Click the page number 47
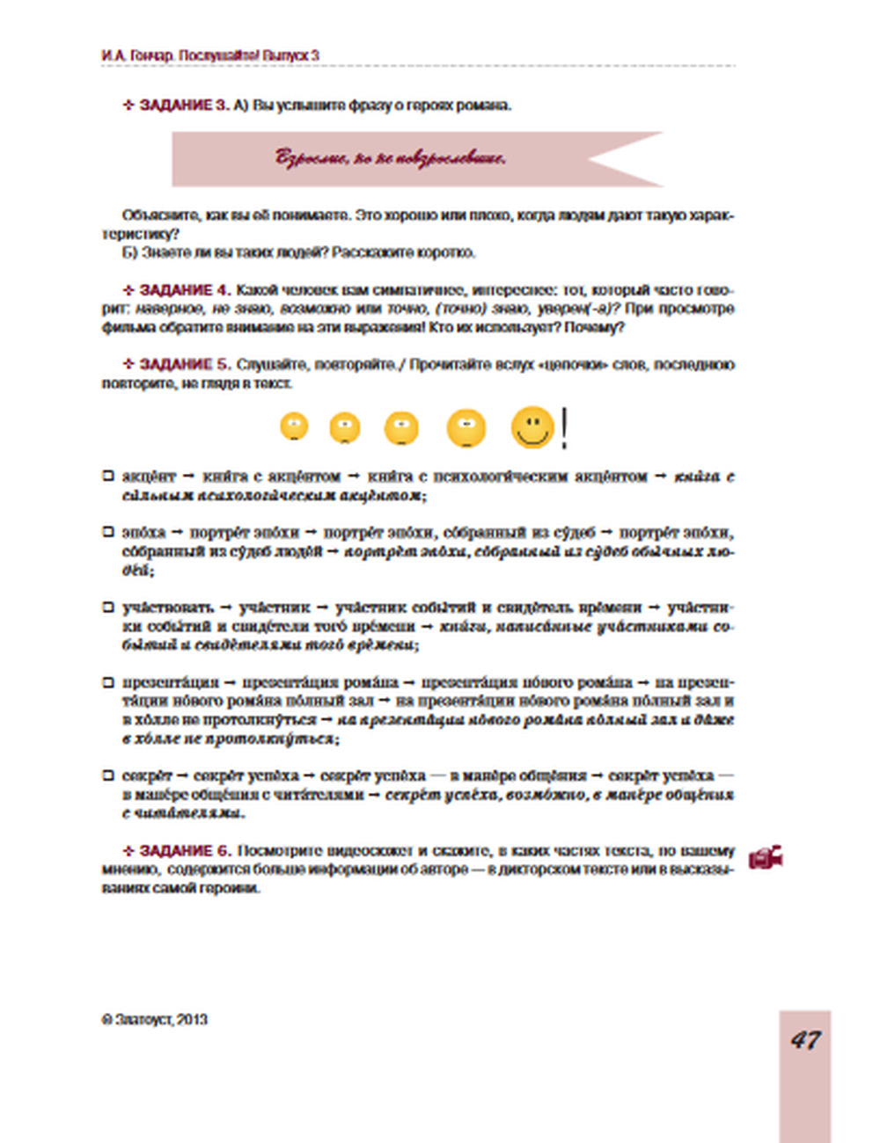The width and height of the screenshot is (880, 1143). [x=805, y=1040]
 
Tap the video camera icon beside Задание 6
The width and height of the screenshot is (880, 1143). [x=766, y=858]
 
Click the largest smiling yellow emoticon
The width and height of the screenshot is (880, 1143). [x=532, y=427]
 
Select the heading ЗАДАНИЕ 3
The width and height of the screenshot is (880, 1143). [x=183, y=106]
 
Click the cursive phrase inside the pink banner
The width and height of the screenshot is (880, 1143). [x=391, y=159]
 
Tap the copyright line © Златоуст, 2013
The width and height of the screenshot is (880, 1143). [x=155, y=1020]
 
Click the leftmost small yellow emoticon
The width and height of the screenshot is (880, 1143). [x=294, y=427]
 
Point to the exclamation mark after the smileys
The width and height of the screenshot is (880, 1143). [x=564, y=427]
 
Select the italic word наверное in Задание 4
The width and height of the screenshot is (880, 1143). [x=167, y=309]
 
